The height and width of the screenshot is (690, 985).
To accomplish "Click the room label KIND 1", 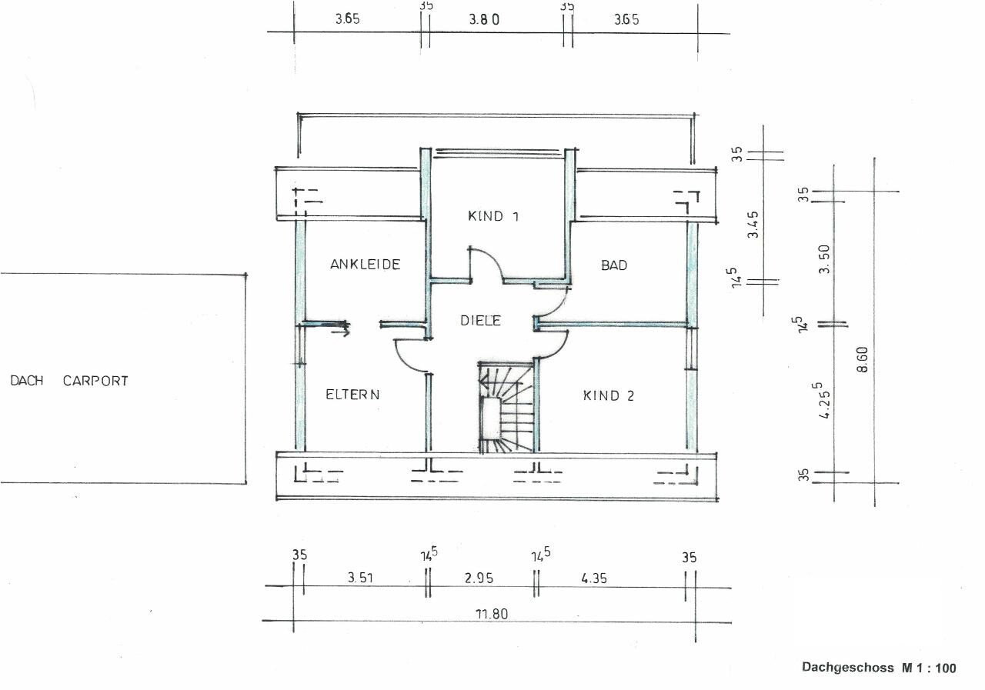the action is coord(493,216).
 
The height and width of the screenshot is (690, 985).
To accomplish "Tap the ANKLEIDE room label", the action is coord(365,264).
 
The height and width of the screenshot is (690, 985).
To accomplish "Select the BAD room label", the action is coord(614,265).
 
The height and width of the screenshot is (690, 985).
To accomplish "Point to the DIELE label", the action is coord(480,321).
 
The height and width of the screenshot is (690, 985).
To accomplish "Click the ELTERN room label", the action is coord(352,394).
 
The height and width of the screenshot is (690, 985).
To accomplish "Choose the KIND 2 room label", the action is coord(609,395).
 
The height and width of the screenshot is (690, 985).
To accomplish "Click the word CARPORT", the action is coord(95,381).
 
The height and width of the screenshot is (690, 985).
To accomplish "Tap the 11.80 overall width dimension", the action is coord(492,614).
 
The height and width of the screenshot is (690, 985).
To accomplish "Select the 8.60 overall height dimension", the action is coord(863,359).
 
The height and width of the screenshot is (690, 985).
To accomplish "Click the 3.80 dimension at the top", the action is coord(484,19).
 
